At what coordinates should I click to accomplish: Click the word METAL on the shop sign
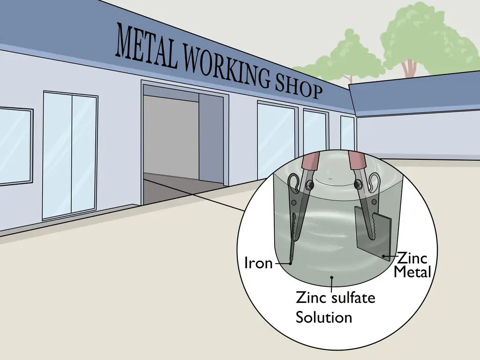[x=147, y=46]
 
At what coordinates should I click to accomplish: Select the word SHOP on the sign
[x=299, y=86]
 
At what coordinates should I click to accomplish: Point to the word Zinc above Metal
[x=412, y=258]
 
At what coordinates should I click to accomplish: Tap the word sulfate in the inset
[x=353, y=298]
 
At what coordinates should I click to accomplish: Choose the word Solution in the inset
[x=324, y=317]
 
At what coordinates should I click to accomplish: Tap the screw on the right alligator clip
[x=358, y=184]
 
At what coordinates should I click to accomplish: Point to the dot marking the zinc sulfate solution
[x=331, y=277]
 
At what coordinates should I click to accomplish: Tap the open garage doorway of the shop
[x=183, y=144]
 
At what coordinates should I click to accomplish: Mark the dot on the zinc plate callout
[x=383, y=255]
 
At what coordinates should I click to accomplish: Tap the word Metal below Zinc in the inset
[x=412, y=271]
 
